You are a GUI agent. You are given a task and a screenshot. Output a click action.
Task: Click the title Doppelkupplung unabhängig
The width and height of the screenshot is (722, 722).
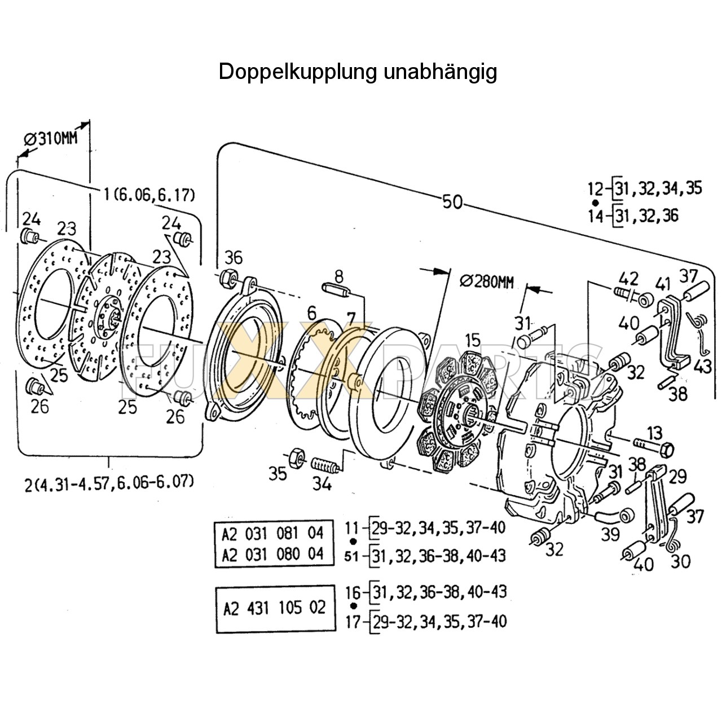click(358, 72)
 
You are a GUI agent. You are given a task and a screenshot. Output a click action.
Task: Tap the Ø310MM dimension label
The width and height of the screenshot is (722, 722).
click(51, 138)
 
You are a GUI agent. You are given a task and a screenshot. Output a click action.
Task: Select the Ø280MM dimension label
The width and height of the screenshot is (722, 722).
click(487, 281)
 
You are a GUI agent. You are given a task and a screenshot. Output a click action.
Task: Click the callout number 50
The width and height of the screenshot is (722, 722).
click(452, 201)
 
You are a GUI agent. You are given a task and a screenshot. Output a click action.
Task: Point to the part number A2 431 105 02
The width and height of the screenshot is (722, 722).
click(275, 608)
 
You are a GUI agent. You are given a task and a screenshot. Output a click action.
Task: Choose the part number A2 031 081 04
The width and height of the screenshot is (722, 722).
click(273, 532)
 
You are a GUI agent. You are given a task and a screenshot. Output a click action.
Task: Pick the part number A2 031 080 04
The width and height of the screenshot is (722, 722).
click(273, 554)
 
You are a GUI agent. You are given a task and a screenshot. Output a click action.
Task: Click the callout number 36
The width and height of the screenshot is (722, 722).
click(234, 258)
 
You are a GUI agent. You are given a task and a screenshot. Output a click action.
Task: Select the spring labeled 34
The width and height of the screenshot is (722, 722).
click(325, 466)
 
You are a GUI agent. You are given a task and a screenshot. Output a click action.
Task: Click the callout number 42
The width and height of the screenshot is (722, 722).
click(628, 278)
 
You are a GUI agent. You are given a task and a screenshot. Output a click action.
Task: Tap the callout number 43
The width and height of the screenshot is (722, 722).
click(702, 366)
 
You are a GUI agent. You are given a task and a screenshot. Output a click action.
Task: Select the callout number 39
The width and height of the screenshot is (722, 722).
click(610, 533)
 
